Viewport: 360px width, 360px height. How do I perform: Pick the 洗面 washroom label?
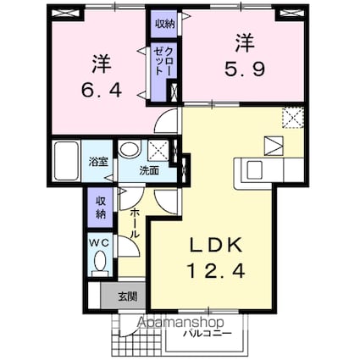tap(149, 169)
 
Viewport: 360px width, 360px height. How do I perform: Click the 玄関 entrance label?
tap(126, 296)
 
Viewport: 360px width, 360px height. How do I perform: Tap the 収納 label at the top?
tap(163, 25)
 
